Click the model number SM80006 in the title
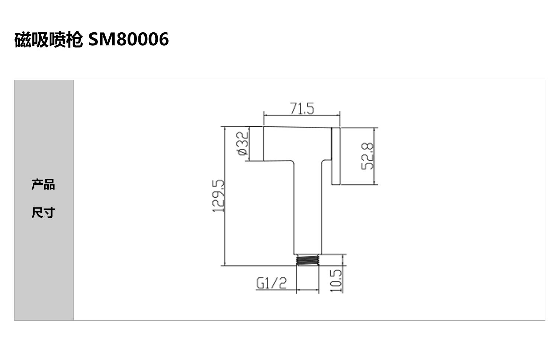point(129,39)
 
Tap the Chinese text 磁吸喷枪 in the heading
point(49,40)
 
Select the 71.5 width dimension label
point(302,109)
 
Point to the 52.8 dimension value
point(368,156)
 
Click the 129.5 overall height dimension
point(218,196)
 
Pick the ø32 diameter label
point(243,143)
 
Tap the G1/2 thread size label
point(272,283)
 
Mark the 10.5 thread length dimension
point(336,281)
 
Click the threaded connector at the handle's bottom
point(308,260)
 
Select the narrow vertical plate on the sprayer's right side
point(336,156)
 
